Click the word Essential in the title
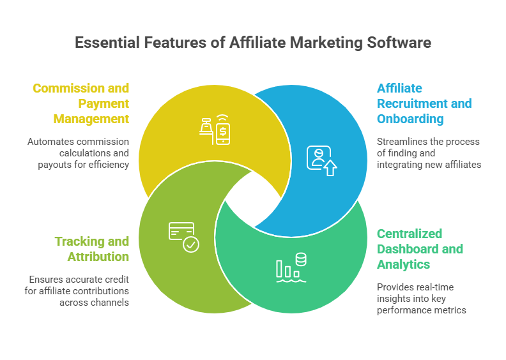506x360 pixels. coord(105,43)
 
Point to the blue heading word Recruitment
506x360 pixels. coord(424,103)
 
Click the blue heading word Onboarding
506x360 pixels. coord(409,119)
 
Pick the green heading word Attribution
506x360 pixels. coord(98,257)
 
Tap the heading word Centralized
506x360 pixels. coord(410,234)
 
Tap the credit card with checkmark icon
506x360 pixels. coord(184,236)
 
